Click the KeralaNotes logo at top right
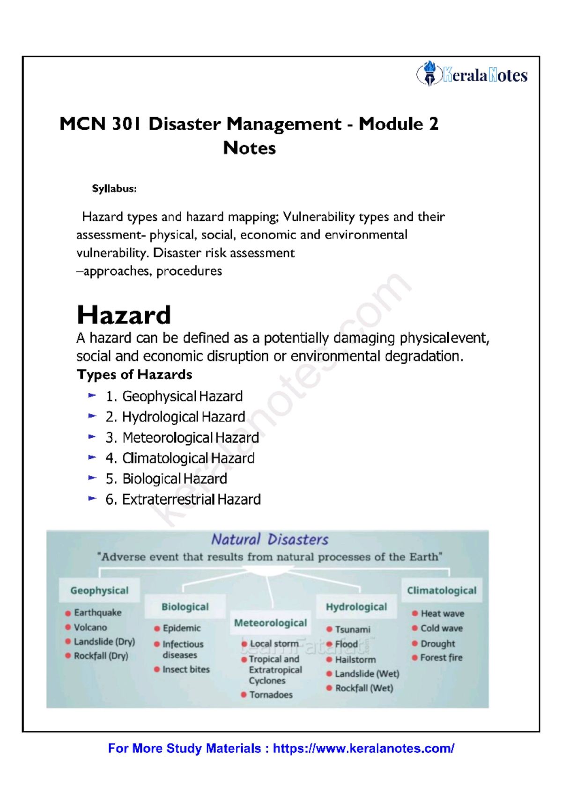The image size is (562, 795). [472, 74]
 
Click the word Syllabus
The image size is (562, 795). [114, 189]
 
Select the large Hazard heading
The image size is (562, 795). [124, 315]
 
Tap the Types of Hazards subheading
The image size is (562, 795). [134, 375]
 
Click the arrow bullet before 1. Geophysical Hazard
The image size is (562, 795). [92, 396]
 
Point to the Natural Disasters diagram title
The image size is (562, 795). [269, 539]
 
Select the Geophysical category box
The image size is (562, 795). [99, 590]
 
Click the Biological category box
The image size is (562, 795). [185, 607]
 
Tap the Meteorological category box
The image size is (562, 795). [270, 623]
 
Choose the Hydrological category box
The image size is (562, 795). [356, 607]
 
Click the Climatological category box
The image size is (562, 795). [441, 590]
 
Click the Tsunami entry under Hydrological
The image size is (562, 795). [352, 630]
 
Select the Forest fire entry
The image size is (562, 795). [441, 658]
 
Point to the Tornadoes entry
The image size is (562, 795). [271, 695]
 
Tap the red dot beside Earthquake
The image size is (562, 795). [68, 613]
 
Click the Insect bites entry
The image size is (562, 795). [185, 670]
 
